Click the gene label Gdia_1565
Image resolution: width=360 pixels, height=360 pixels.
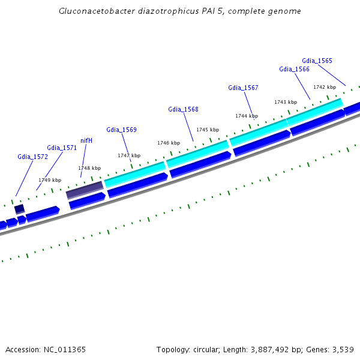point(317,61)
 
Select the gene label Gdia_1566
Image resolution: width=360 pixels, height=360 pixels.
point(294,69)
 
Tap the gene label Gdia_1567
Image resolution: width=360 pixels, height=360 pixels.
point(243,88)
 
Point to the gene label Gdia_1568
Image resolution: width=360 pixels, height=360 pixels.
point(183,109)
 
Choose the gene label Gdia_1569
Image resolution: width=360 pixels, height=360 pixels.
point(121,130)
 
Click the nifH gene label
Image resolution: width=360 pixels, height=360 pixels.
point(86,140)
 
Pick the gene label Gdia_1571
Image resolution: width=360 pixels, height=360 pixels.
point(62,148)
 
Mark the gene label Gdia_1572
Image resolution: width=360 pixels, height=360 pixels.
point(32,157)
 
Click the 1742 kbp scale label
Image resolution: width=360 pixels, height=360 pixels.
point(325,87)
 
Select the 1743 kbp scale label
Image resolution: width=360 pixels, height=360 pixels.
point(286,102)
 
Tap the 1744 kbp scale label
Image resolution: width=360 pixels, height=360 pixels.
point(247,116)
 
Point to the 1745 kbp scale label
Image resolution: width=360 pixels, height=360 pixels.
point(208,130)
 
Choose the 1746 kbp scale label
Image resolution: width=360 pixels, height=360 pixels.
point(169,143)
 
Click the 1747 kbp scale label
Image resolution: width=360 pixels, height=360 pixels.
point(129,155)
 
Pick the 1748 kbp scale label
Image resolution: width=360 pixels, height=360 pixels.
point(89,168)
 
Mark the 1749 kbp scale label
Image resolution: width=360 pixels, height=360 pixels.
point(50,180)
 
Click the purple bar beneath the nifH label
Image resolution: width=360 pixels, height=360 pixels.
point(85,190)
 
